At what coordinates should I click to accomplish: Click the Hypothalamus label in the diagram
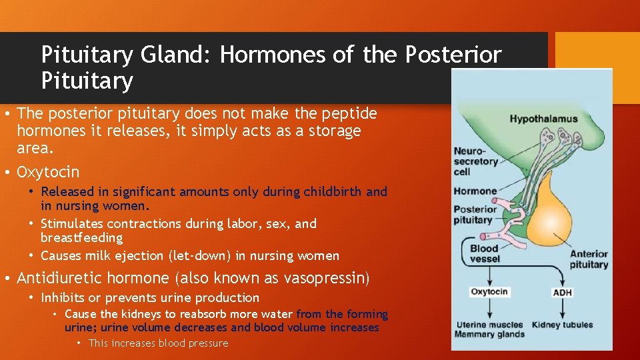tap(543, 119)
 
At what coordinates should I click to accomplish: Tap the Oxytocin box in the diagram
tap(489, 292)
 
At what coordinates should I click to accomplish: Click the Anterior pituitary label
tap(589, 259)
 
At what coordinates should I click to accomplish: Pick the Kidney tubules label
tap(562, 325)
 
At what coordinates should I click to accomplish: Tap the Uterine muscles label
tap(489, 325)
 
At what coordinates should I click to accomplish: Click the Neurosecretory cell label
tap(476, 161)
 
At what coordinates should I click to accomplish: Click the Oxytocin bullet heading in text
tap(48, 173)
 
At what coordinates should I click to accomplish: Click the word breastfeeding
tap(81, 238)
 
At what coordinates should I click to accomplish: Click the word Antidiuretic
tap(60, 278)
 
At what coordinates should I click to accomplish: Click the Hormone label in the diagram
tap(475, 191)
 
